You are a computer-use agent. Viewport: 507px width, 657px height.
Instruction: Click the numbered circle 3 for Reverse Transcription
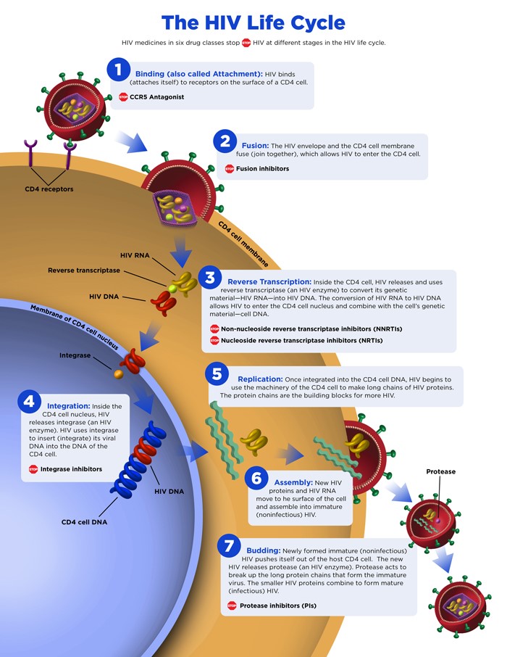click(210, 278)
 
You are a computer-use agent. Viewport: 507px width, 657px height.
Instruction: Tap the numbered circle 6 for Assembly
click(256, 478)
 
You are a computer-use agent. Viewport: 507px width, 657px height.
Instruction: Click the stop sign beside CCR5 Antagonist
click(123, 96)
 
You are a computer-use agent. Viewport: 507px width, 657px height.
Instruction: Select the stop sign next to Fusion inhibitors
click(230, 169)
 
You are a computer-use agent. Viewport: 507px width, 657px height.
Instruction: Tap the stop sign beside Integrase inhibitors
click(33, 469)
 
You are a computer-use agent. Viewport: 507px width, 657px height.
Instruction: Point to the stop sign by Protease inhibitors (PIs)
click(232, 606)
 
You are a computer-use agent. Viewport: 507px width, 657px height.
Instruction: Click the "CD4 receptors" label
click(49, 189)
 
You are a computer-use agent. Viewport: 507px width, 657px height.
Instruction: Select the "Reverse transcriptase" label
click(84, 270)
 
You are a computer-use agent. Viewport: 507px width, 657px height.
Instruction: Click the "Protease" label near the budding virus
click(440, 471)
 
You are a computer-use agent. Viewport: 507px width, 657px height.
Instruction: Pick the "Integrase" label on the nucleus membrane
click(75, 355)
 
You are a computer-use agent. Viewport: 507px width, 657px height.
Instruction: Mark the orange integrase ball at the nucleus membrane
click(117, 375)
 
